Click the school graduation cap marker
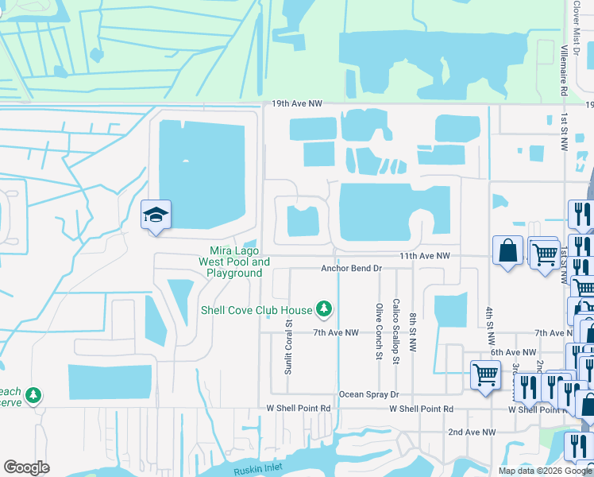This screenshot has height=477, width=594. [156, 215]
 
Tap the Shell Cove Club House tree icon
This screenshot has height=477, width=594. [323, 308]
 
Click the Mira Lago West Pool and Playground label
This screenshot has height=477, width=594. [234, 262]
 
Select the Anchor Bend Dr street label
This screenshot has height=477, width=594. [352, 269]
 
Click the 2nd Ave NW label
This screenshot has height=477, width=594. [472, 432]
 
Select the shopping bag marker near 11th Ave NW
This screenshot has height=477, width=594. [507, 251]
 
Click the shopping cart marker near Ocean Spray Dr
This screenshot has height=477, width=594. [485, 374]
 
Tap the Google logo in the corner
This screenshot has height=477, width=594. [27, 467]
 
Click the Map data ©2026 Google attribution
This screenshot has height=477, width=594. [544, 471]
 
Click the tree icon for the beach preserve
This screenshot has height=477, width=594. [33, 394]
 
